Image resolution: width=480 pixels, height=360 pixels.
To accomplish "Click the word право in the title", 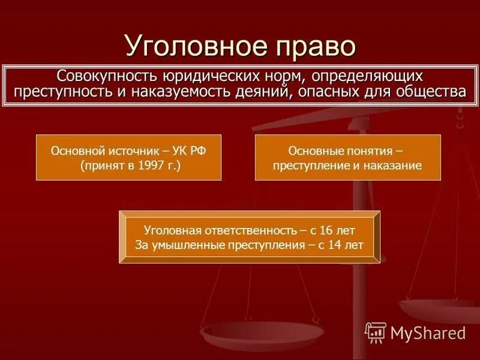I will (308, 46).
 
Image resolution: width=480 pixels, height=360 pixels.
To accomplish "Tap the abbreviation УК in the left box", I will (180, 151).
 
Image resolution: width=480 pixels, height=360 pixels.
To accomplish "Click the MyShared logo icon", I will (376, 332).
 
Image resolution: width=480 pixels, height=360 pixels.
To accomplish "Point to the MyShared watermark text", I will (428, 332).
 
